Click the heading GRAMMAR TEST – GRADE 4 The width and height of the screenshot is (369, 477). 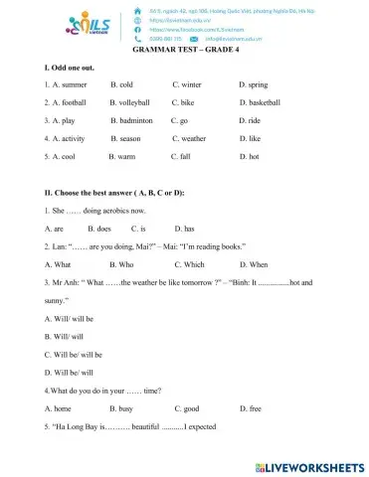(184, 62)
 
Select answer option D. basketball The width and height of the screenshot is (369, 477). (260, 130)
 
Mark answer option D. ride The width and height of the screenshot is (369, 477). (250, 148)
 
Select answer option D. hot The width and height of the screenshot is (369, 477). (249, 184)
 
